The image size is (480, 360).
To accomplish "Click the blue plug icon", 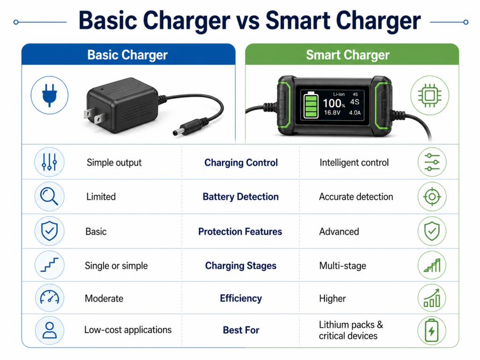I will click(x=49, y=95).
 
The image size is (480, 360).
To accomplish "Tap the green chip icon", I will click(x=429, y=96).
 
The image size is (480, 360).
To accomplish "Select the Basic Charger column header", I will click(x=127, y=55).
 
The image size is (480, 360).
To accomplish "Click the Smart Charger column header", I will click(x=347, y=55).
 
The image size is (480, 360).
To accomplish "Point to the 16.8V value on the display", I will click(x=331, y=113).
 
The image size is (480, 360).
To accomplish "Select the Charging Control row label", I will click(x=241, y=163).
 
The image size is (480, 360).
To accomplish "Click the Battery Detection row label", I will click(x=240, y=197).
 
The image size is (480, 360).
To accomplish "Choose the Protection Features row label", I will click(x=240, y=232).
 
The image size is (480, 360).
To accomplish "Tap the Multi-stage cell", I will click(x=342, y=266).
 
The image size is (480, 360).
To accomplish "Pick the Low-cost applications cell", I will click(x=127, y=330).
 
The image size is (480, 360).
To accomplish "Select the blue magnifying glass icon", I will click(x=49, y=197).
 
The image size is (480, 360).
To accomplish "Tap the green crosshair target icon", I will click(x=432, y=197).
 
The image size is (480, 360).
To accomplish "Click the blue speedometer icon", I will click(x=49, y=298).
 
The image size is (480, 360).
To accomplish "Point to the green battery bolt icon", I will click(x=432, y=330).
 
